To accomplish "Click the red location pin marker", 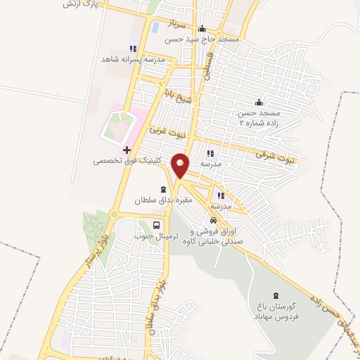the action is [181, 165].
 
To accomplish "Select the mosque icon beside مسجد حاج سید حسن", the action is [202, 29].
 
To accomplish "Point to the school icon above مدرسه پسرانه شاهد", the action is [132, 49].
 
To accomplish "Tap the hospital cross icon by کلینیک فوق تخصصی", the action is [127, 150].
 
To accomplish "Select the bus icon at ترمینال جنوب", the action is [155, 225].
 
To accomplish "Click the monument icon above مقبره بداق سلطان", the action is [163, 189].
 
